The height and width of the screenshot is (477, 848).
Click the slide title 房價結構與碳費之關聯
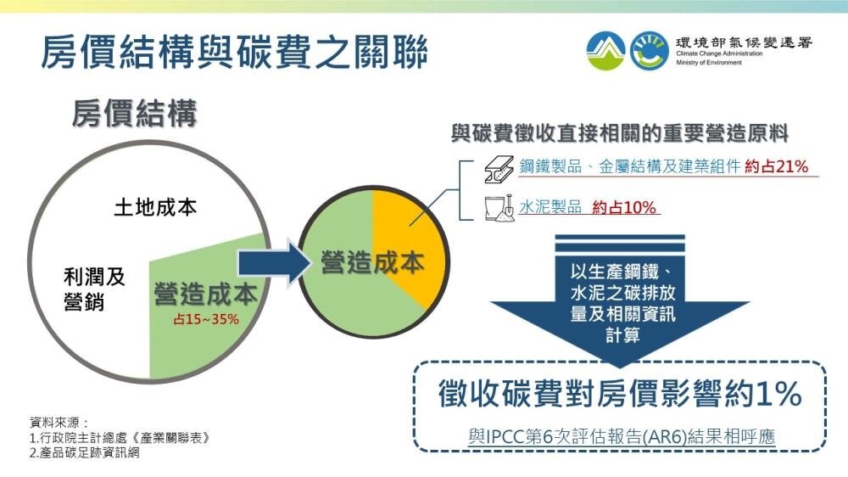(x=234, y=52)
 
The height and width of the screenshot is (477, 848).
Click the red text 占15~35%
(x=206, y=320)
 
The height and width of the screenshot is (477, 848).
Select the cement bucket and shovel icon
(x=498, y=207)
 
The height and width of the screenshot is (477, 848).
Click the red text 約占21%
(x=776, y=166)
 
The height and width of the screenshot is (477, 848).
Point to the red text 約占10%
(x=625, y=206)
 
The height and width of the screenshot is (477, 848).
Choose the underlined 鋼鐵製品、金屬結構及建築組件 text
(x=629, y=166)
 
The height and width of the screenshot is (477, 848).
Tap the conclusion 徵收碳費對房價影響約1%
(x=620, y=394)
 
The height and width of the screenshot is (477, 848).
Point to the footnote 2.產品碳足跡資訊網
(x=84, y=453)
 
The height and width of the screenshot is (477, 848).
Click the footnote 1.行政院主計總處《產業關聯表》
(x=119, y=438)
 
